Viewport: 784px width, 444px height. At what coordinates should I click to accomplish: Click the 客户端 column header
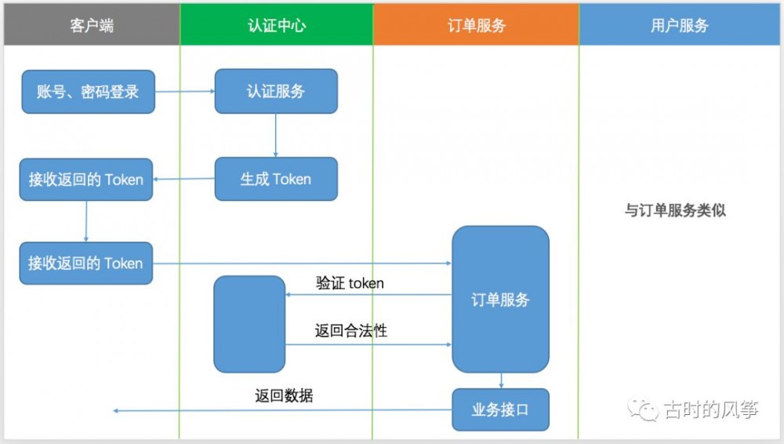coord(91,25)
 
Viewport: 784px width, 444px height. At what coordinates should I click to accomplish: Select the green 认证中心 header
coord(276,25)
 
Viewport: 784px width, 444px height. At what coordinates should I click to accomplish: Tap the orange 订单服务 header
coord(476,25)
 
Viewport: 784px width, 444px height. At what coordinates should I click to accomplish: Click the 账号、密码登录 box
coord(88,92)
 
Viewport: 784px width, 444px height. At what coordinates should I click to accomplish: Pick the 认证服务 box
coord(276,92)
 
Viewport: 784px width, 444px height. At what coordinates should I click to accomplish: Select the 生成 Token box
coord(276,179)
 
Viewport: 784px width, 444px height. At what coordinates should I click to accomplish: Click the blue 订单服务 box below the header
coord(500,300)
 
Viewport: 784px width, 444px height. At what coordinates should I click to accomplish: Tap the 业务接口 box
coord(500,409)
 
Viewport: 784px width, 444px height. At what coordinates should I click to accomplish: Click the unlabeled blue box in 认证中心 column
coord(249,323)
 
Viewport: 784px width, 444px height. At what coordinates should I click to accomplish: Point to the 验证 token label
coord(350,283)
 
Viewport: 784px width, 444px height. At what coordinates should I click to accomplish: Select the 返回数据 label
coord(284,395)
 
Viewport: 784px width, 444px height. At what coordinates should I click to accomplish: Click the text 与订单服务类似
coord(675,210)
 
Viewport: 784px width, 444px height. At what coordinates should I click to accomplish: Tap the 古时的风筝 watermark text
coord(710,409)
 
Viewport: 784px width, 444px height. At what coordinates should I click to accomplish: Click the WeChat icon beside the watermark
coord(645,409)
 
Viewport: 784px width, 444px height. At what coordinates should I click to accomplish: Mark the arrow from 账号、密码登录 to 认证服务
coord(184,92)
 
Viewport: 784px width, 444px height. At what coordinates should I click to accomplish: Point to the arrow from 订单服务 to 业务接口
coord(502,380)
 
